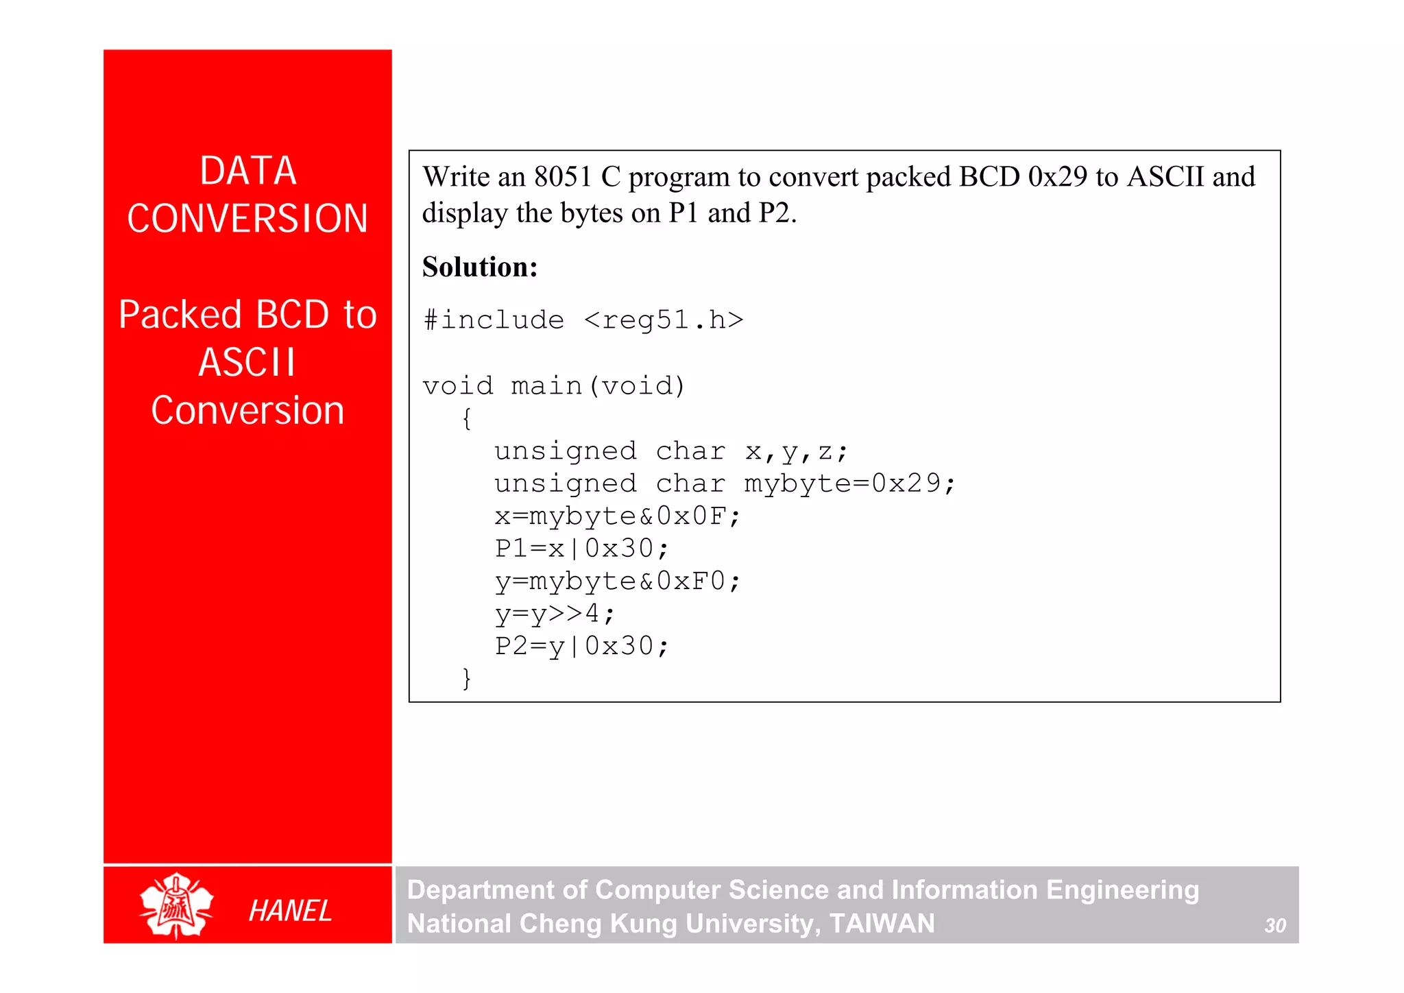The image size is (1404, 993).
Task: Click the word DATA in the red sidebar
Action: [x=247, y=171]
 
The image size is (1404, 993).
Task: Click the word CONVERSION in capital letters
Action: [x=247, y=219]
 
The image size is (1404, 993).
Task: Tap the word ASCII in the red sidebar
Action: [x=247, y=363]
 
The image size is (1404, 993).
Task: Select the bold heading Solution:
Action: [x=480, y=267]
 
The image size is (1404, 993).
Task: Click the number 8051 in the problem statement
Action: [x=563, y=178]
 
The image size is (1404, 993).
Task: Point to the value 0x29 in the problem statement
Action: [x=1057, y=178]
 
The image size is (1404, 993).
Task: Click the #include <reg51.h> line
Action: [x=583, y=320]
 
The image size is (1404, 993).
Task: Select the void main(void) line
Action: [x=554, y=386]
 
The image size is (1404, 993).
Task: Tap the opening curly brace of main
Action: [x=467, y=418]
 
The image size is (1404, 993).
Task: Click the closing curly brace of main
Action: [x=467, y=678]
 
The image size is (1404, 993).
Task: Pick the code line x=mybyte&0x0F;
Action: [x=617, y=516]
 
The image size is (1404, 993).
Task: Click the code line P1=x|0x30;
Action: [x=581, y=549]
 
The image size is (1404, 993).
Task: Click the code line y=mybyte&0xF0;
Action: [x=617, y=582]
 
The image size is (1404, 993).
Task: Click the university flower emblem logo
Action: [x=176, y=905]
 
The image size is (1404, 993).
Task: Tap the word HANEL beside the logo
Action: [x=290, y=911]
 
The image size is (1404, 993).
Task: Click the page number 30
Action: [x=1274, y=926]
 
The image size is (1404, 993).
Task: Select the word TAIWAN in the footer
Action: [x=882, y=924]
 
